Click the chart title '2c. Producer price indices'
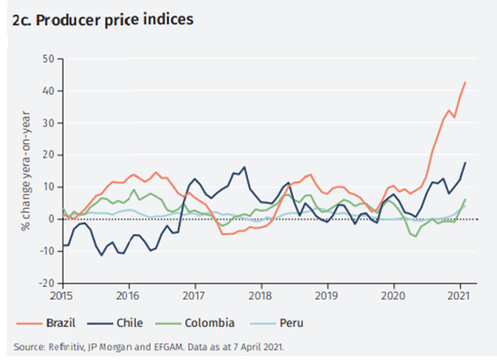[102, 19]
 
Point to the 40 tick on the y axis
[48, 91]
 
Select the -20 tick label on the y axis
[46, 283]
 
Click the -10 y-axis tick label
[46, 251]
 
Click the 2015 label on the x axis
[62, 295]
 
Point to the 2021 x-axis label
[460, 295]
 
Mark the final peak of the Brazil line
[465, 82]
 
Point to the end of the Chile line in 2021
[465, 162]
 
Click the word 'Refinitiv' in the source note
[61, 346]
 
